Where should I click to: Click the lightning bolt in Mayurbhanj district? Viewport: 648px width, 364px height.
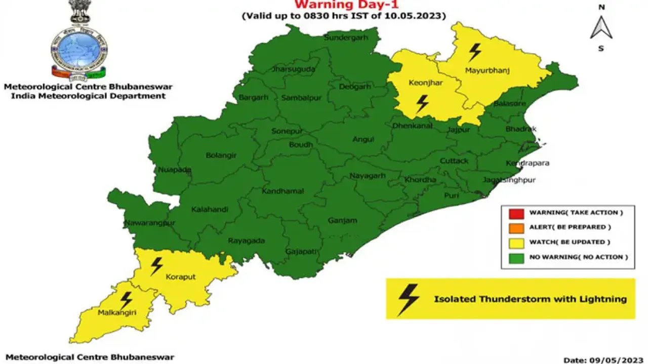pyautogui.click(x=475, y=52)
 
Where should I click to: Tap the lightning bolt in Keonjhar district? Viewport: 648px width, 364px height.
pyautogui.click(x=422, y=104)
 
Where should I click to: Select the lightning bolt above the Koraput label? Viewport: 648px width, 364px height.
pyautogui.click(x=157, y=266)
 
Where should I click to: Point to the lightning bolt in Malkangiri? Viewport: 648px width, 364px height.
pyautogui.click(x=126, y=300)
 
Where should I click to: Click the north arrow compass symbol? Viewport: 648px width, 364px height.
pyautogui.click(x=601, y=28)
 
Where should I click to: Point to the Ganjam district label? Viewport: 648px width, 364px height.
pyautogui.click(x=342, y=220)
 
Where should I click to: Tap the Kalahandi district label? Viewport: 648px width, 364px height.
pyautogui.click(x=210, y=209)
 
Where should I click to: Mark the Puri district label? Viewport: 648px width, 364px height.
pyautogui.click(x=451, y=195)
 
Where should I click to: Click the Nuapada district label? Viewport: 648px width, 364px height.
pyautogui.click(x=174, y=170)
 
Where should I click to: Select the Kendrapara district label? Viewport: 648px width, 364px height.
pyautogui.click(x=528, y=164)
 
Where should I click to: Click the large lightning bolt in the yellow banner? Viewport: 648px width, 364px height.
pyautogui.click(x=409, y=299)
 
